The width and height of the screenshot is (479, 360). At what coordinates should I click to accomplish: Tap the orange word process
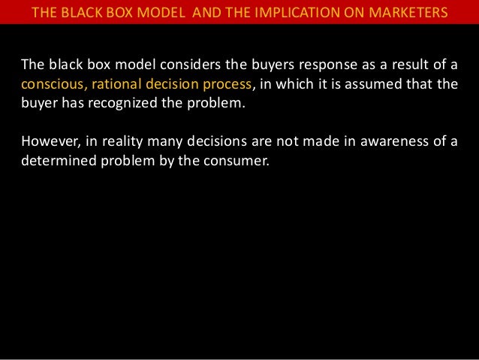point(229,83)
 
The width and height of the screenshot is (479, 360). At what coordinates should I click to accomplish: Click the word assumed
point(378,83)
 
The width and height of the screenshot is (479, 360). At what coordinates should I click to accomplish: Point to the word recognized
point(119,102)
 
